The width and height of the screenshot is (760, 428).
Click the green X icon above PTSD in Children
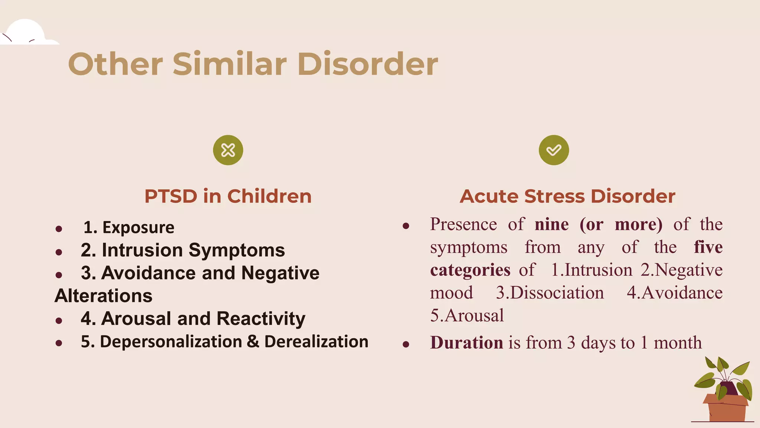coord(228,150)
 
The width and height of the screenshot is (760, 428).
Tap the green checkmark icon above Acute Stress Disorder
coord(554,150)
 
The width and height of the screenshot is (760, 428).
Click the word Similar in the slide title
coord(230,64)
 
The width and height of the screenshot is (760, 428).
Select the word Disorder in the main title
coord(367,64)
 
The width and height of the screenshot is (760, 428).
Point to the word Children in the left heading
coord(269,196)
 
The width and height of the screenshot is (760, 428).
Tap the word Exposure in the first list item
coord(138,227)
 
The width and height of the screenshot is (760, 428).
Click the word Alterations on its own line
coord(104,296)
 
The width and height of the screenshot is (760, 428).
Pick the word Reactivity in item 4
coord(261,319)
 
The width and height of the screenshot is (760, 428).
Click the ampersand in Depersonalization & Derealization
coord(253,341)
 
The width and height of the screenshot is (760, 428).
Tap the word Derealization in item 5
coord(316,341)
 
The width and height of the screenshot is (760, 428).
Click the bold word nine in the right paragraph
coord(551,224)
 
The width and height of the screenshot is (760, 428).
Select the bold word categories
coord(470,270)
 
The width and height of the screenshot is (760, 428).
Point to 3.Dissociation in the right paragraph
coord(550,293)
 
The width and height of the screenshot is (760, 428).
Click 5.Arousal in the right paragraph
coord(467,315)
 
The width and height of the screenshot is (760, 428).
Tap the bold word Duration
coord(466,343)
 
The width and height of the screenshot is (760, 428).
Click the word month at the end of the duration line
coord(678,343)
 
